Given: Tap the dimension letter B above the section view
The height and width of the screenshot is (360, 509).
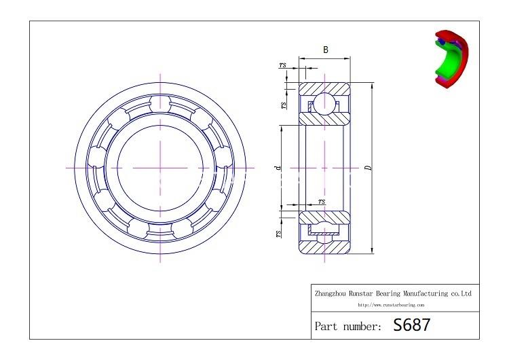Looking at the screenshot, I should tap(325, 50).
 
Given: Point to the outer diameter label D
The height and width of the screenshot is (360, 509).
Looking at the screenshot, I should tap(367, 168).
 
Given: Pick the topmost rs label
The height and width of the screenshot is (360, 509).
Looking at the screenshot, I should tap(282, 65).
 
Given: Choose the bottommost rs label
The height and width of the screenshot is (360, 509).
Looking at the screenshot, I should tap(278, 233).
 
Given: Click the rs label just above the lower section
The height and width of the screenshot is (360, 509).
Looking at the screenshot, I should tap(321, 201).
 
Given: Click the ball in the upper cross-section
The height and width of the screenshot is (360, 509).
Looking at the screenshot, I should tap(323, 104).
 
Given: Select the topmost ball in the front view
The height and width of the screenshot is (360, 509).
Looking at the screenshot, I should tap(160, 103).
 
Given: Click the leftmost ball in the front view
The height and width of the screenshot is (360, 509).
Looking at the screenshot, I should tap(96, 167).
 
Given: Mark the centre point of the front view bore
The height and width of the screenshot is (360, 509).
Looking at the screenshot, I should tap(160, 167).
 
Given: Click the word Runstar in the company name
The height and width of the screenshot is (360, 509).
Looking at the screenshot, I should tap(365, 293).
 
